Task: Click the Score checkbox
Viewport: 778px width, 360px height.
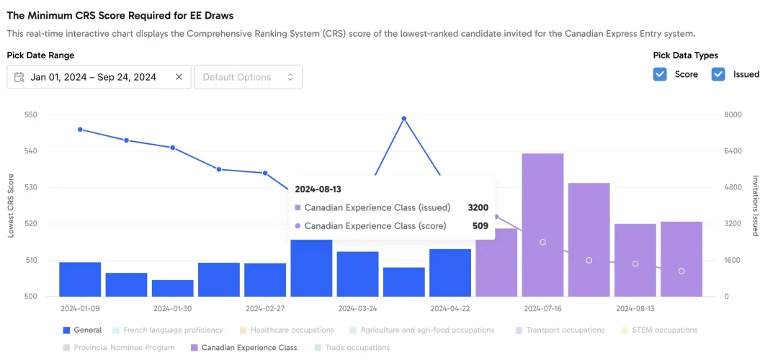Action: pos(660,74)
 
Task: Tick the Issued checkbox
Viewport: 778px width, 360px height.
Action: pos(718,74)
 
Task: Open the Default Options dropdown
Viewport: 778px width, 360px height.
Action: pos(248,77)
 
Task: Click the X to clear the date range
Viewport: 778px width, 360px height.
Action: pos(179,77)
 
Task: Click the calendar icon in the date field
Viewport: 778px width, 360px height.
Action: pos(19,77)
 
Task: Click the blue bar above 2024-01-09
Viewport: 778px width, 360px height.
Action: pos(80,279)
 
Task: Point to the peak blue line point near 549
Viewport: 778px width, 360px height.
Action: pos(404,119)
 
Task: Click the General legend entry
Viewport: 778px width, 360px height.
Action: pos(82,330)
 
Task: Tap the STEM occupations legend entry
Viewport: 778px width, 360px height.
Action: pos(659,330)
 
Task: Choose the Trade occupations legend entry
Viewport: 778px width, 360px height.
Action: pos(352,348)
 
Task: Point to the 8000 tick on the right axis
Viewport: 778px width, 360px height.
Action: pos(733,115)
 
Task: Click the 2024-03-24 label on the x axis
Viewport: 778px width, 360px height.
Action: pos(357,308)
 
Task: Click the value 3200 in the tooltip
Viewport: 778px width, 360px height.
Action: pos(478,208)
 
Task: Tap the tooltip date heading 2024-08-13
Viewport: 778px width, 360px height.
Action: pos(318,189)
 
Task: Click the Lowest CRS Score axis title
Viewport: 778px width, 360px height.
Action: pos(11,206)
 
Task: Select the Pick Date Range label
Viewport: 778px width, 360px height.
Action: pos(40,55)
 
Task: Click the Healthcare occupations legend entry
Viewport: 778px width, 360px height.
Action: pos(286,330)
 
